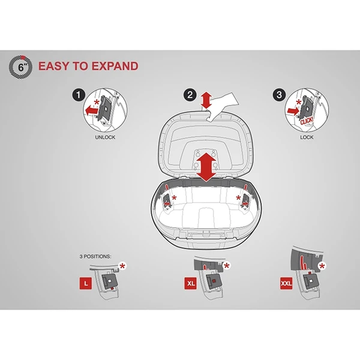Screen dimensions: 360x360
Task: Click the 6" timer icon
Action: (20, 67)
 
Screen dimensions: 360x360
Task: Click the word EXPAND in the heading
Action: (115, 66)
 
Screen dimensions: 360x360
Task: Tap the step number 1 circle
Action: (79, 95)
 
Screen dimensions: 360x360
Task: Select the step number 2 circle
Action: (190, 95)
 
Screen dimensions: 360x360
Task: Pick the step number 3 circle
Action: (279, 95)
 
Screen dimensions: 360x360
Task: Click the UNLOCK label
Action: (105, 137)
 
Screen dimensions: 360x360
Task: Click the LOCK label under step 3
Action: (307, 137)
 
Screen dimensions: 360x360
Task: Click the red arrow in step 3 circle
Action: (293, 112)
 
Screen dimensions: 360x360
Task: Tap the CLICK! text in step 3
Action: (307, 121)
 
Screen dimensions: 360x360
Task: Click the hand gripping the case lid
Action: (222, 106)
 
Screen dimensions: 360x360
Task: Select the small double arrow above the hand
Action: (206, 100)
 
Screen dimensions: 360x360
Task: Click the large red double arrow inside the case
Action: (206, 167)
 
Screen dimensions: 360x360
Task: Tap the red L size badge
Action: (86, 283)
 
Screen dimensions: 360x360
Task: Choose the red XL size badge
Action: (191, 283)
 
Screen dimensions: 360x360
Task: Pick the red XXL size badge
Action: (286, 283)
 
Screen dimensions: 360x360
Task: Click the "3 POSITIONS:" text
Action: (95, 256)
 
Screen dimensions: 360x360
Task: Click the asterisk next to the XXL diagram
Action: (322, 266)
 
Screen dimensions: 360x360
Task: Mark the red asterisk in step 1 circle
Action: (97, 102)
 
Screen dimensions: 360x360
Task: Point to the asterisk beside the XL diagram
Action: (227, 266)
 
